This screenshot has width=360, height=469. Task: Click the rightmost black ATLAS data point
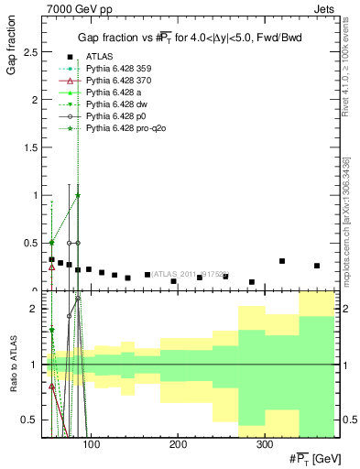tap(317, 266)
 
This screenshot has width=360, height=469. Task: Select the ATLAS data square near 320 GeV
tap(282, 261)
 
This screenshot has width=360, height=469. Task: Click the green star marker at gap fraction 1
tap(78, 195)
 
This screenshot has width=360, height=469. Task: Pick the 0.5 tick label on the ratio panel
tap(30, 420)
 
